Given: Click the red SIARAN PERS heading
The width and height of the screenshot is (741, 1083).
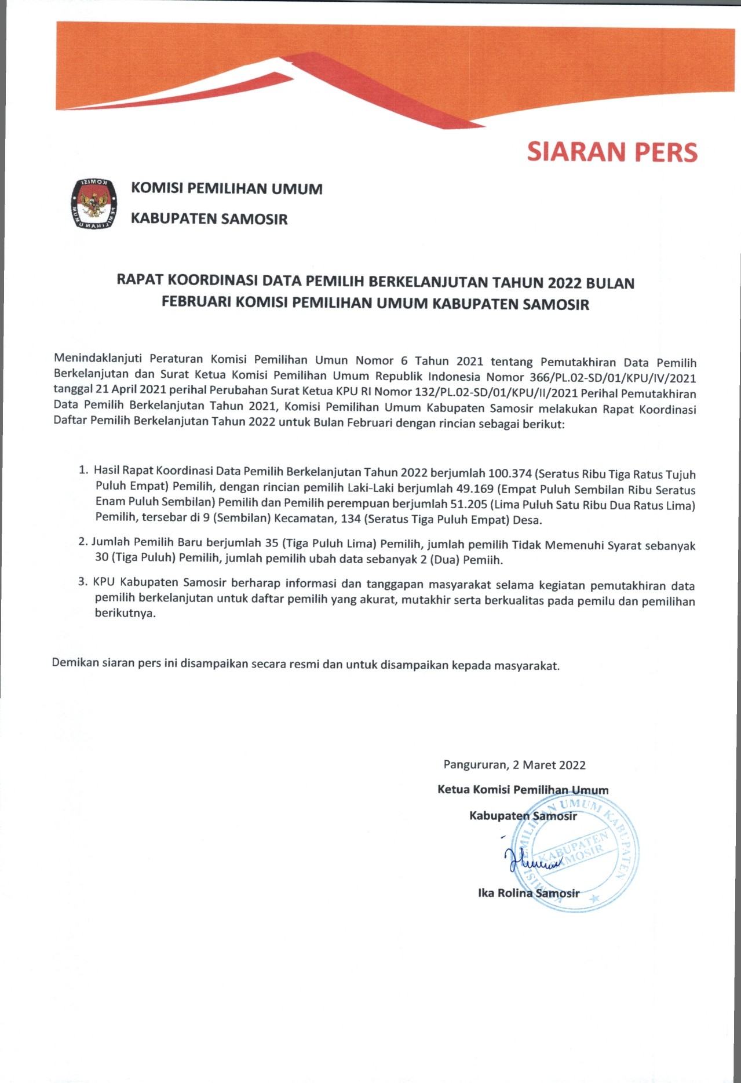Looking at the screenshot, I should click(612, 152).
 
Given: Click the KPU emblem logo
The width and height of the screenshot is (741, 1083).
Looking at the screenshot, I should click(93, 204).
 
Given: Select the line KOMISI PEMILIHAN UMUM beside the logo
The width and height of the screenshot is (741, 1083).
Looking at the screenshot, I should click(227, 189).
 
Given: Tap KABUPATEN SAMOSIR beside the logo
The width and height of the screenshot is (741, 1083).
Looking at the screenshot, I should click(209, 219).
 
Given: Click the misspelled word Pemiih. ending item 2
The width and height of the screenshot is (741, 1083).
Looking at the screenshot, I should click(486, 560).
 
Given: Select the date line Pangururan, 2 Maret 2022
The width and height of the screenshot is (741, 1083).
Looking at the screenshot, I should click(514, 765).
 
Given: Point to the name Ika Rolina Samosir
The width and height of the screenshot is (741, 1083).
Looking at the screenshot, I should click(528, 894).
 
